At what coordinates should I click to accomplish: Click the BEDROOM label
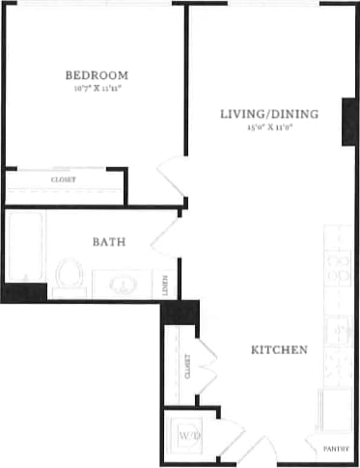tap(97, 75)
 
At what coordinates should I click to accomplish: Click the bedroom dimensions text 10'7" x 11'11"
tap(97, 89)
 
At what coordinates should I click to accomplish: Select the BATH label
tap(108, 242)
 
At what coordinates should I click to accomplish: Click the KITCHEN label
tap(280, 349)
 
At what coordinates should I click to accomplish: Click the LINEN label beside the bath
tap(167, 284)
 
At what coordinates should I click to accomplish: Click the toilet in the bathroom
tap(68, 275)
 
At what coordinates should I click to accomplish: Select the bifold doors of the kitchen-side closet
tap(207, 367)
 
